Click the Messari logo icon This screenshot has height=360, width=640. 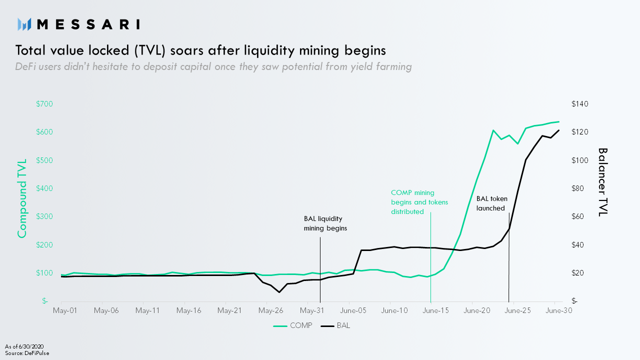pyautogui.click(x=24, y=24)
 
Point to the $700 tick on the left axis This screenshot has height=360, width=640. pyautogui.click(x=44, y=104)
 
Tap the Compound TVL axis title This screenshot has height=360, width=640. pyautogui.click(x=22, y=198)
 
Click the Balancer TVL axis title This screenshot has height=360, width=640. pyautogui.click(x=602, y=181)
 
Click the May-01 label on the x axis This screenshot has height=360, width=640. pyautogui.click(x=65, y=310)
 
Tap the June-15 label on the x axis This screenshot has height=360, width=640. pyautogui.click(x=435, y=310)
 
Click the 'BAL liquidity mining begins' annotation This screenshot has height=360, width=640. pyautogui.click(x=325, y=223)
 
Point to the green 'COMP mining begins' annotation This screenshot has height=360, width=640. pyautogui.click(x=419, y=202)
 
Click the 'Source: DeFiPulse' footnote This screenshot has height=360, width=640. pyautogui.click(x=27, y=353)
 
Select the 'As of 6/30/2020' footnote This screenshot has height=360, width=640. pyautogui.click(x=24, y=346)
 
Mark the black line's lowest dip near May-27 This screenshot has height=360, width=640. pyautogui.click(x=279, y=292)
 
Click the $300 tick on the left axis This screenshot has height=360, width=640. pyautogui.click(x=44, y=216)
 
